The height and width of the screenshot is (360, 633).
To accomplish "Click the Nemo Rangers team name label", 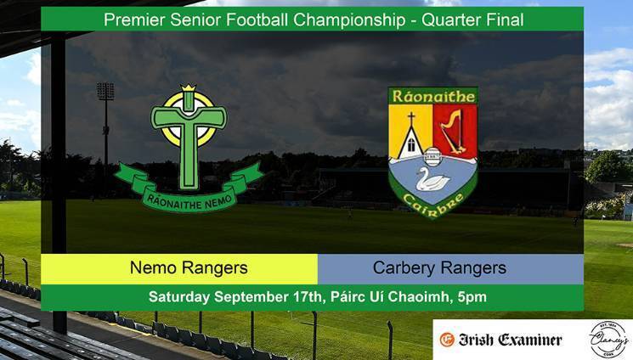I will (189, 268).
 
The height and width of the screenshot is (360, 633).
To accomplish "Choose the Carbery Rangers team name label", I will (439, 268).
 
